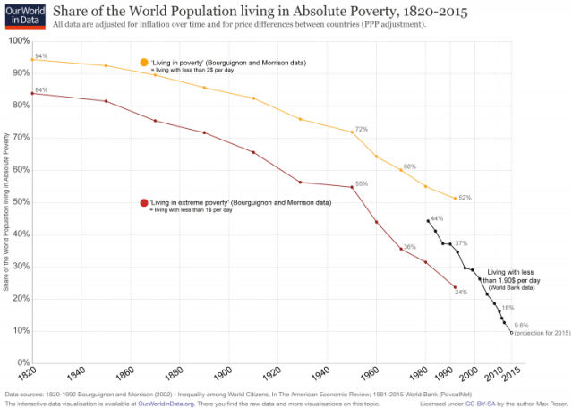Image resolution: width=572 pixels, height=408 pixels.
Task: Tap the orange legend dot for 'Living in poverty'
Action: (x=142, y=62)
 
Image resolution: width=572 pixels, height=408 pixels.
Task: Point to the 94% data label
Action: (x=40, y=56)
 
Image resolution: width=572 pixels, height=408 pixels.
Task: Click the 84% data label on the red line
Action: (x=40, y=90)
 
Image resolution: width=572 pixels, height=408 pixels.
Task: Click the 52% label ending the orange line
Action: (x=465, y=198)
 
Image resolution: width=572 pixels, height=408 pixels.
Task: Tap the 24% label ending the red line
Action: (x=461, y=292)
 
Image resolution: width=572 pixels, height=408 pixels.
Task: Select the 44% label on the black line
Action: (x=437, y=218)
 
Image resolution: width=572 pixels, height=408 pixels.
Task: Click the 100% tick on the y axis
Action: (x=15, y=41)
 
